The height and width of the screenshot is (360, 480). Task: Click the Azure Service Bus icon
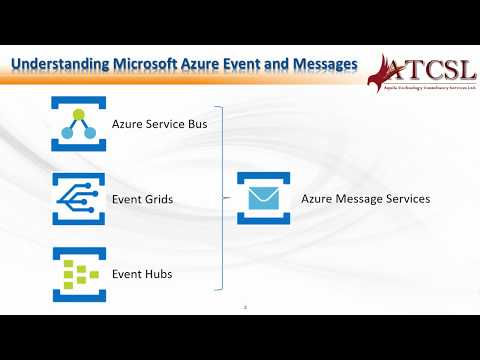coord(78,124)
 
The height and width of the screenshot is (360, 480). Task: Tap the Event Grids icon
coord(78,199)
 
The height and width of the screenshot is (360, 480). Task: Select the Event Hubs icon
coord(78,274)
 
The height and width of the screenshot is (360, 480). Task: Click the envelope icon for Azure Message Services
coord(263,198)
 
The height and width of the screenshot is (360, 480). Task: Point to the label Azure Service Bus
coord(159,125)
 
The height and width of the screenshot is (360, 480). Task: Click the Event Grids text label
coord(143,200)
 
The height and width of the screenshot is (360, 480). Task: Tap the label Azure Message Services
coord(365,199)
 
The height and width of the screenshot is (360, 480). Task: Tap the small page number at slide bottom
coord(244,306)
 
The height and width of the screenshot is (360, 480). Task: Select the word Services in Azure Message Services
coord(406,199)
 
